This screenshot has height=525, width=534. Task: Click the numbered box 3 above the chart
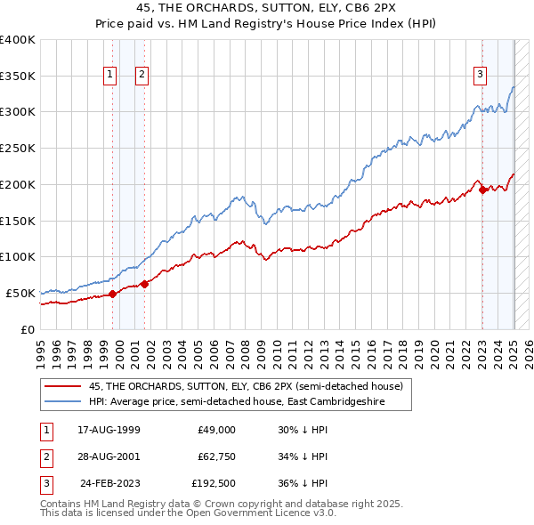point(480,76)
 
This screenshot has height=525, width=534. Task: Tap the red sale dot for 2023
point(481,189)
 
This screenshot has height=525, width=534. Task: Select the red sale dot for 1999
point(112,294)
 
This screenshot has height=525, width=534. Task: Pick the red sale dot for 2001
point(144,284)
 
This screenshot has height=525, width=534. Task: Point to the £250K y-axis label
point(18,149)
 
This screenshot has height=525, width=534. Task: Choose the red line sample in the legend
point(64,386)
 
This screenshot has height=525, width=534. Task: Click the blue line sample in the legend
point(64,401)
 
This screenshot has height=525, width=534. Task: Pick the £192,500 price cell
point(214,485)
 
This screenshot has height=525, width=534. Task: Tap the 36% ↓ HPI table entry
point(303,485)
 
